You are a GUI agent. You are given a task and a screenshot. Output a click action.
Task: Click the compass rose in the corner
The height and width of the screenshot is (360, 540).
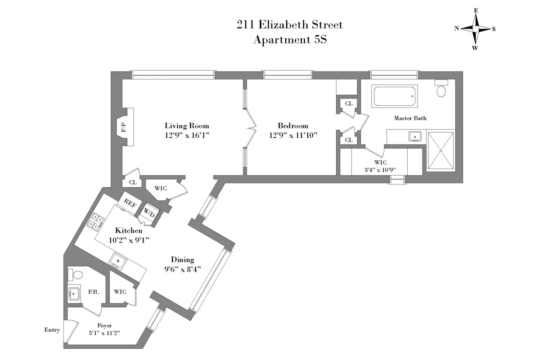pos(475,29)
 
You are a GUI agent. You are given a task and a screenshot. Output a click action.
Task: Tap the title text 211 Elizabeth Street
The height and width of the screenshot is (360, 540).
pos(290,24)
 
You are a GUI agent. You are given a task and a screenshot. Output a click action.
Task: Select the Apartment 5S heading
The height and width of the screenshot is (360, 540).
pos(290,40)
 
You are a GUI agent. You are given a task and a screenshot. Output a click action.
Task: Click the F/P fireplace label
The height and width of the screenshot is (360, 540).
pos(124,127)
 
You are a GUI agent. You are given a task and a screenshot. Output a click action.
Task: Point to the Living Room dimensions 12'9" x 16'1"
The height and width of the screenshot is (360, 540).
pos(187,135)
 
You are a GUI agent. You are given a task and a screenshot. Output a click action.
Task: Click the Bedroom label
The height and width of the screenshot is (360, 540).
pos(293,126)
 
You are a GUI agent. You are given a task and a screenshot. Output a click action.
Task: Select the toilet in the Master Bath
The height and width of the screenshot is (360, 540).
pos(441,89)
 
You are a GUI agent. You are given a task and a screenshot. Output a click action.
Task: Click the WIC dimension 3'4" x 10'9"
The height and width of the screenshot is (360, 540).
pos(381,170)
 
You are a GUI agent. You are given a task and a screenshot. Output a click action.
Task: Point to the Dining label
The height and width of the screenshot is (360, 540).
pos(182,259)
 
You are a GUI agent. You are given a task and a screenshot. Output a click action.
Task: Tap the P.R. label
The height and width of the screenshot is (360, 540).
pos(94,292)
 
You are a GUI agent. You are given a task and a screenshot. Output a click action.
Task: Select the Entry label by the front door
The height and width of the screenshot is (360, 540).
pos(52,330)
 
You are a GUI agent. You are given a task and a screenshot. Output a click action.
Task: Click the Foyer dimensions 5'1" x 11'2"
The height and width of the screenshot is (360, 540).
pos(104,333)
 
